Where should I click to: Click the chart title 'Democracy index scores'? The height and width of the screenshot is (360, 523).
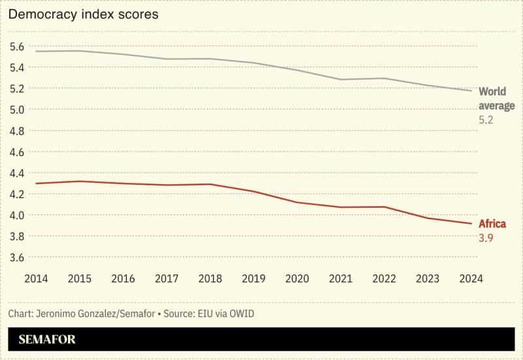pos(83,14)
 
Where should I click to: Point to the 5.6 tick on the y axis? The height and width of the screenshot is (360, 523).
pos(17,46)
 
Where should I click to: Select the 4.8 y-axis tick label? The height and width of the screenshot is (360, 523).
pos(17,131)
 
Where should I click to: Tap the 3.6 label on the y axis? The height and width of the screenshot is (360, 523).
pos(17,257)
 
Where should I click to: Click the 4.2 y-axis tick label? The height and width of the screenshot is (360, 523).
pos(17,194)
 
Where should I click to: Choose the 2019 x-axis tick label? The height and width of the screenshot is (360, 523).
pos(253,278)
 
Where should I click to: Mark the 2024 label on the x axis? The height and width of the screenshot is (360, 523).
pos(471,278)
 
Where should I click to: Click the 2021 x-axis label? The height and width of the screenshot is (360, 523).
pos(341,278)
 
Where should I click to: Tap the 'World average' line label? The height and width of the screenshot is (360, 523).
pos(496,99)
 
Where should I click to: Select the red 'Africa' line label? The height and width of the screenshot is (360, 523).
pos(492,224)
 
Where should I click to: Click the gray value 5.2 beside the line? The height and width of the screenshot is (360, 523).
pos(486,120)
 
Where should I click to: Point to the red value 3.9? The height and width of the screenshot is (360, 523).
pos(486,238)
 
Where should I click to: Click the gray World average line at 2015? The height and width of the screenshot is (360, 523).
pos(79,51)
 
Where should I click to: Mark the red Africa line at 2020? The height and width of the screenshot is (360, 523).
pos(297,203)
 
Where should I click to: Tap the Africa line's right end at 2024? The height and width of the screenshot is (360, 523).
pos(471,223)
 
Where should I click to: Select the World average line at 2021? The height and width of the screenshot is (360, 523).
pos(341,80)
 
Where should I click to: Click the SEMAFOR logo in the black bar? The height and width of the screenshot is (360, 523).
pos(47,340)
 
